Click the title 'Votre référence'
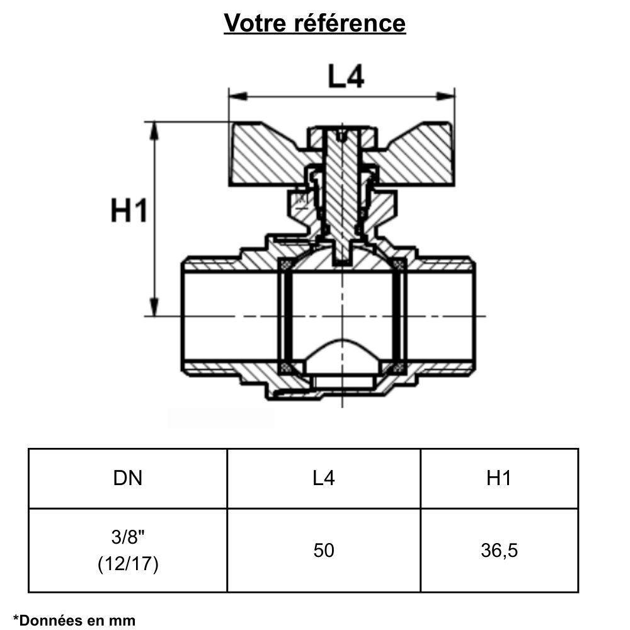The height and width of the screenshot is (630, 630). [x=315, y=23]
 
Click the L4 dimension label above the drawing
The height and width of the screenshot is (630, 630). [x=345, y=77]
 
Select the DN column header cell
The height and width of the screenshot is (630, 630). [x=128, y=478]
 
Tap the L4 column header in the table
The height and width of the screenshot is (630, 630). [x=324, y=478]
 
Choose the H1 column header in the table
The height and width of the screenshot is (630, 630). [x=499, y=478]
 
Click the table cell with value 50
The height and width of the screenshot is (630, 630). [x=324, y=551]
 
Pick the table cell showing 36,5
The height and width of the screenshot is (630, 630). [x=499, y=551]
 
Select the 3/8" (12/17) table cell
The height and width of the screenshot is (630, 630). [x=128, y=551]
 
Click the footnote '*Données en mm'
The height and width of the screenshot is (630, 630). [x=74, y=621]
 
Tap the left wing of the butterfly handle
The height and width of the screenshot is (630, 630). [x=265, y=154]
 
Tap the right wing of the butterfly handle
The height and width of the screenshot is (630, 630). [x=419, y=154]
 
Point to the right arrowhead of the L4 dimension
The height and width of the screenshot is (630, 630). [x=449, y=96]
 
